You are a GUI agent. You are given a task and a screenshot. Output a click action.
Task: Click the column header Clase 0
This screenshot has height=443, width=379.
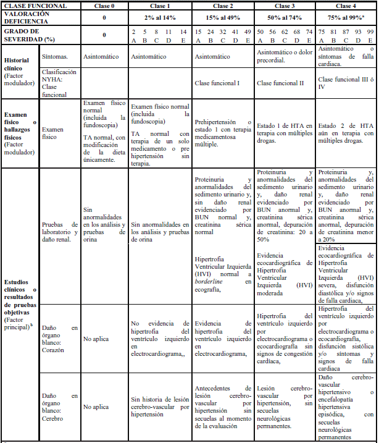click(x=104, y=5)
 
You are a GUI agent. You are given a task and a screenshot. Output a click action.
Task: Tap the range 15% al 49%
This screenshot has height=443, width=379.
click(x=222, y=17)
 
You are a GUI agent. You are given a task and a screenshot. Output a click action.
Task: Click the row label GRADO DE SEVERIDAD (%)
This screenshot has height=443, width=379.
click(x=22, y=34)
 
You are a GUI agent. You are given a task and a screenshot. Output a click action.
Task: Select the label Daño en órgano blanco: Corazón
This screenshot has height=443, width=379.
click(x=59, y=338)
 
